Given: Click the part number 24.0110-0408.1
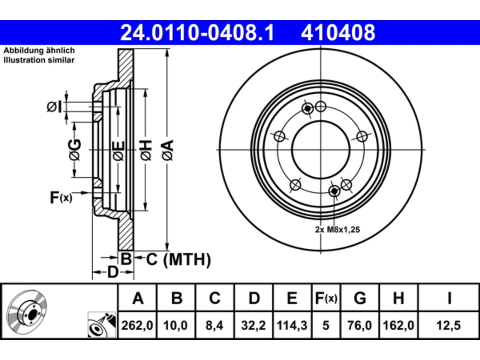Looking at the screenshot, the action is pyautogui.click(x=197, y=33).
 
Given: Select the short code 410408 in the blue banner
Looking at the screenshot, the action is pyautogui.click(x=338, y=33).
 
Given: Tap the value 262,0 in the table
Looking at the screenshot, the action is pyautogui.click(x=137, y=325).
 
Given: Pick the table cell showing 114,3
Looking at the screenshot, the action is pyautogui.click(x=292, y=325).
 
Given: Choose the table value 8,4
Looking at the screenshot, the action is pyautogui.click(x=214, y=325).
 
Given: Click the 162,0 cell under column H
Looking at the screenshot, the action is pyautogui.click(x=398, y=325).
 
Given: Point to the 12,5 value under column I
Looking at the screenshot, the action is pyautogui.click(x=448, y=325).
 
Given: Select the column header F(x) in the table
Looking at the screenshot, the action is pyautogui.click(x=326, y=298).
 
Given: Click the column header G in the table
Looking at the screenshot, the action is pyautogui.click(x=360, y=298).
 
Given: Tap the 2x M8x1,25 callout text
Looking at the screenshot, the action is pyautogui.click(x=337, y=229).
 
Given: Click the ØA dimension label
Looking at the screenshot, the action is pyautogui.click(x=168, y=150).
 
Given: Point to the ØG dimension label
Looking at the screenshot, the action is pyautogui.click(x=75, y=150).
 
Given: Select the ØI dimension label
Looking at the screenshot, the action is pyautogui.click(x=54, y=107).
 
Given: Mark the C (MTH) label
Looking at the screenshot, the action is pyautogui.click(x=178, y=259).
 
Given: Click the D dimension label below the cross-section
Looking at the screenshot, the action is pyautogui.click(x=113, y=272).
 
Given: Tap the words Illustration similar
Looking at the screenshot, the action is pyautogui.click(x=39, y=60).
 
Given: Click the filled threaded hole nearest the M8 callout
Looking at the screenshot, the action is pyautogui.click(x=334, y=191).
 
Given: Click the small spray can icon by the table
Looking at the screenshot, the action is pyautogui.click(x=102, y=325).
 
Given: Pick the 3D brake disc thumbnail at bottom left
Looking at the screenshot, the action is pyautogui.click(x=27, y=313).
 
